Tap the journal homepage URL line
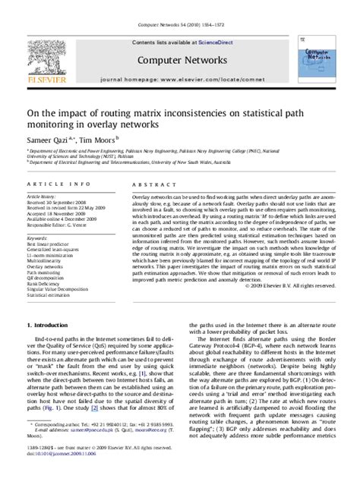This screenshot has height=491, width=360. tap(179, 78)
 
